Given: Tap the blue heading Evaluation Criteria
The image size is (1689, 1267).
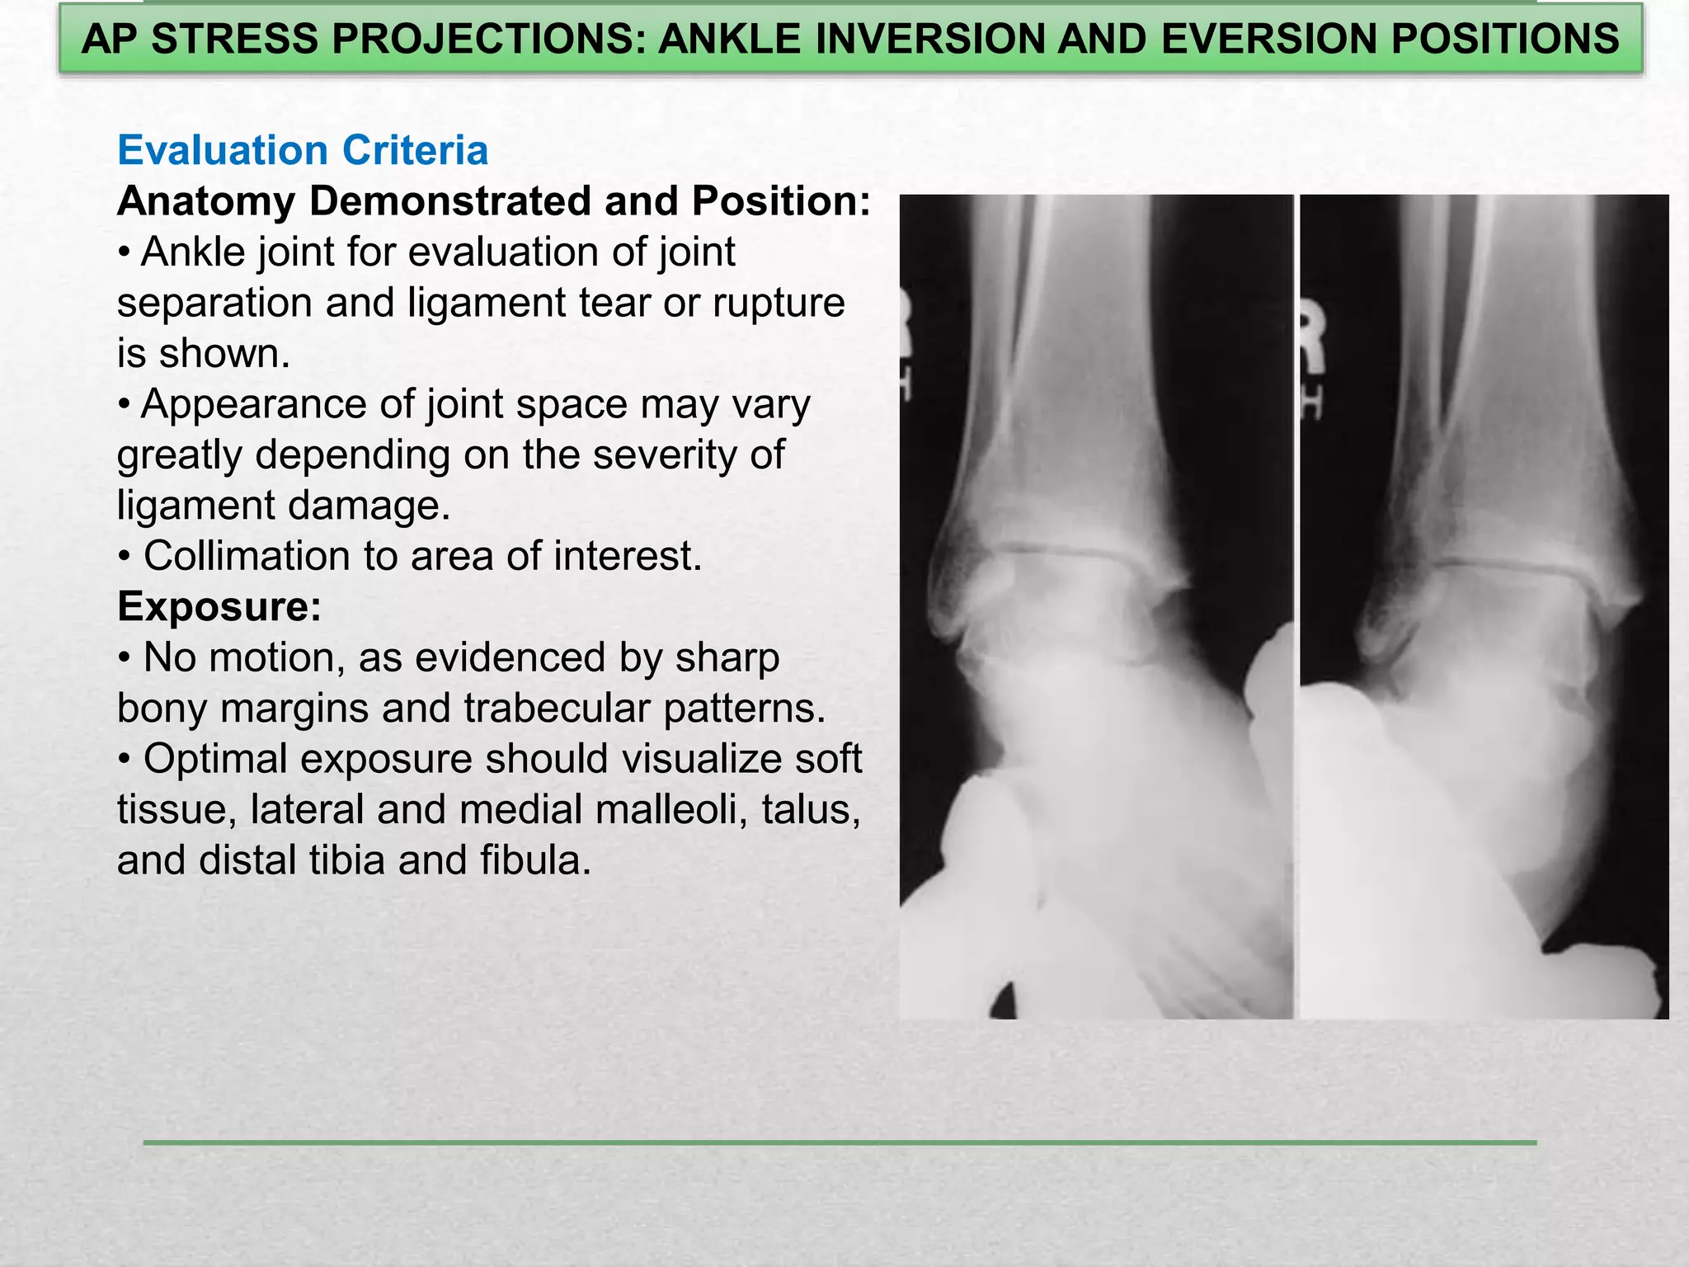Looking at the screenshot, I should tap(303, 150).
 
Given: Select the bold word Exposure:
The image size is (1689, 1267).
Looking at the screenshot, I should tap(219, 606).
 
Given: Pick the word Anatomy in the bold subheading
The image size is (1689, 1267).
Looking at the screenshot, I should tap(206, 201).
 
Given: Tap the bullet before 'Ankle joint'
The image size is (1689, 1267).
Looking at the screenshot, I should tap(124, 252).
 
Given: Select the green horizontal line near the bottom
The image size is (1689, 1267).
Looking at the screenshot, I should tap(840, 1142).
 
